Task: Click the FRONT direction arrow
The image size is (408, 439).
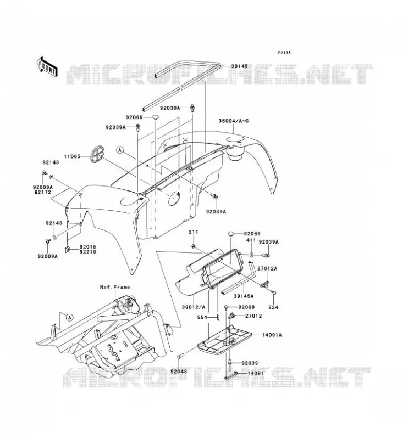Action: pyautogui.click(x=47, y=66)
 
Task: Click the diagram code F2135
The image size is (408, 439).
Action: pyautogui.click(x=284, y=53)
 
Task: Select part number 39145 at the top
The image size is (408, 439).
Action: pyautogui.click(x=239, y=66)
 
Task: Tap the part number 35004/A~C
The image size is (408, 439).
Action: pyautogui.click(x=234, y=121)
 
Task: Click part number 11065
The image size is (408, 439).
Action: pyautogui.click(x=72, y=156)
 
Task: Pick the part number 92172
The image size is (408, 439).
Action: pyautogui.click(x=43, y=192)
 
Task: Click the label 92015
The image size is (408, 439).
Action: pyautogui.click(x=88, y=247)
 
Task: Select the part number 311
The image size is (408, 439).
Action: pyautogui.click(x=194, y=232)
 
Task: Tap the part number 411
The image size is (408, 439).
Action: pyautogui.click(x=251, y=240)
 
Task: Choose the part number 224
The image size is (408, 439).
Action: pyautogui.click(x=274, y=307)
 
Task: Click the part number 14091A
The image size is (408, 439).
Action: pyautogui.click(x=272, y=335)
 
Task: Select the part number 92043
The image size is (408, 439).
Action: pyautogui.click(x=178, y=372)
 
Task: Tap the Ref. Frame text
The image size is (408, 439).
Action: pyautogui.click(x=115, y=287)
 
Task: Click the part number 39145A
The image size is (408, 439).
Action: pyautogui.click(x=243, y=296)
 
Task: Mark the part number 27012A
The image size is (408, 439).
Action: pyautogui.click(x=268, y=268)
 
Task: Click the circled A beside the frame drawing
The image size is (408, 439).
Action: pyautogui.click(x=70, y=318)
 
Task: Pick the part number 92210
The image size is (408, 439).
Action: pyautogui.click(x=88, y=252)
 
